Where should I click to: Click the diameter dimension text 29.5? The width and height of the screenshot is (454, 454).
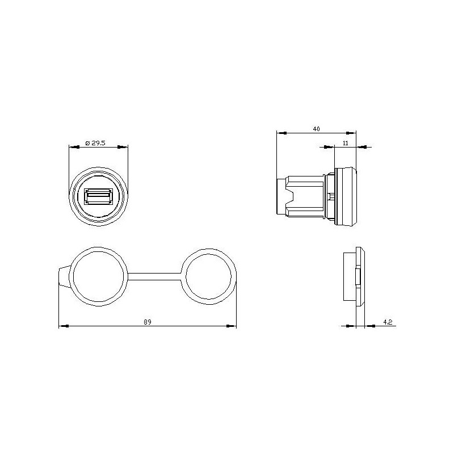coord(96,144)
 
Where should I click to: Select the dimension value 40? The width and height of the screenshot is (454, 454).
coord(316,129)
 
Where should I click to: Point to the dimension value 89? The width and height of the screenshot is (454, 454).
coord(148,322)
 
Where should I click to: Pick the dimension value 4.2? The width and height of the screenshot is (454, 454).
coord(388,322)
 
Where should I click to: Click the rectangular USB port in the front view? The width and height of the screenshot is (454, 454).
coord(98,196)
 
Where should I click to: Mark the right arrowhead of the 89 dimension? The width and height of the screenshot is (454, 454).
coord(233,326)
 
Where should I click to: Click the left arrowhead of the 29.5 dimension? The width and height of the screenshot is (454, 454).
coord(72,147)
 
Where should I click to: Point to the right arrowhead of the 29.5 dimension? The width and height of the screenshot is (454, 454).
coord(124,147)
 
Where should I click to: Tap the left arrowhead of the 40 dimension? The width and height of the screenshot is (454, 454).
coord(280,133)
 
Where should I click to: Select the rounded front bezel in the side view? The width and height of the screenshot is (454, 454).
coord(347,196)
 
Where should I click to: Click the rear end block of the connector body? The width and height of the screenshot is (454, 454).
coord(281,196)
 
